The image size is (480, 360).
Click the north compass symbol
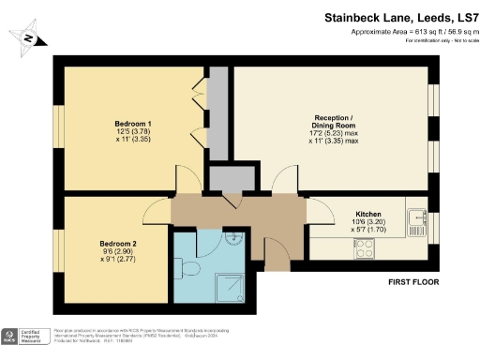(29, 38)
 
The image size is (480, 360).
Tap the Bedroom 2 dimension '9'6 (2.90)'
(120, 253)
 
